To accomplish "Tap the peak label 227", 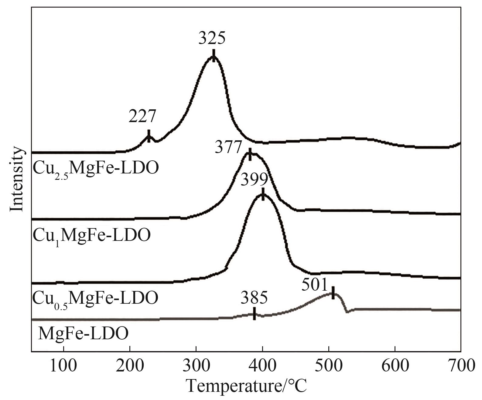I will point(142,116).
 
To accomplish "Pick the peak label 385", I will point(255,298).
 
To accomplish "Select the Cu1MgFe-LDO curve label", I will point(91,235).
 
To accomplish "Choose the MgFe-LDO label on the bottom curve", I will point(83,333).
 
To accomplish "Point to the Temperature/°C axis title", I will point(247,386).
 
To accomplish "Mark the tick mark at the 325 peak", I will point(214,55).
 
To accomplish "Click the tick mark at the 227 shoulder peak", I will point(149,136).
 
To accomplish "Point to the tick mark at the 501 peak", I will point(333,292).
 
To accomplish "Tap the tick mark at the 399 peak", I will point(263,194).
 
